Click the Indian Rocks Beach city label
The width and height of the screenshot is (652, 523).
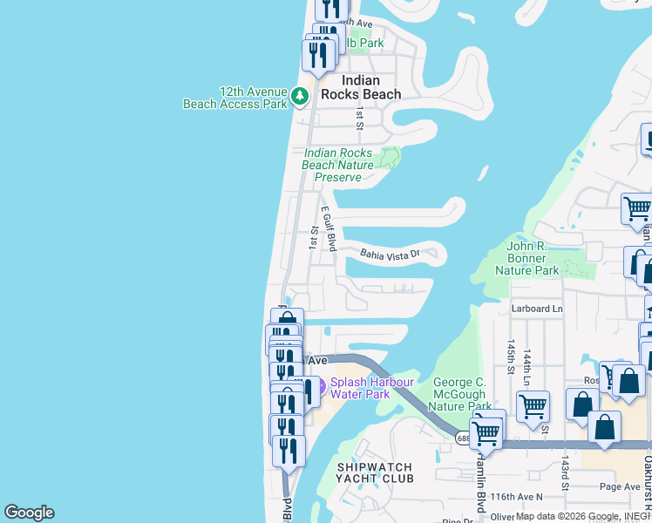click(361, 87)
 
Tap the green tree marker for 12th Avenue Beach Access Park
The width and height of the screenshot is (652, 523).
click(301, 96)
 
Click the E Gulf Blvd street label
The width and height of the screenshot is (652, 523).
click(329, 229)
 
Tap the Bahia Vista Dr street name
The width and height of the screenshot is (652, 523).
click(391, 254)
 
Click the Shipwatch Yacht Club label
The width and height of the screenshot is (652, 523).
click(374, 473)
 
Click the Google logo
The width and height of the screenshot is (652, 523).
click(29, 513)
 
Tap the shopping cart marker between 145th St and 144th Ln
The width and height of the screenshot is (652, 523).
click(533, 406)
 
